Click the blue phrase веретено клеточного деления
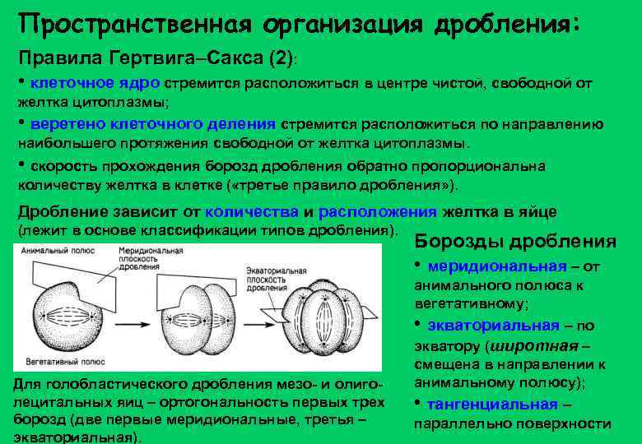click(152, 124)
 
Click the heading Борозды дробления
click(514, 241)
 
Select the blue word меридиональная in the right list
click(497, 266)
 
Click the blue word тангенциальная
click(492, 404)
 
